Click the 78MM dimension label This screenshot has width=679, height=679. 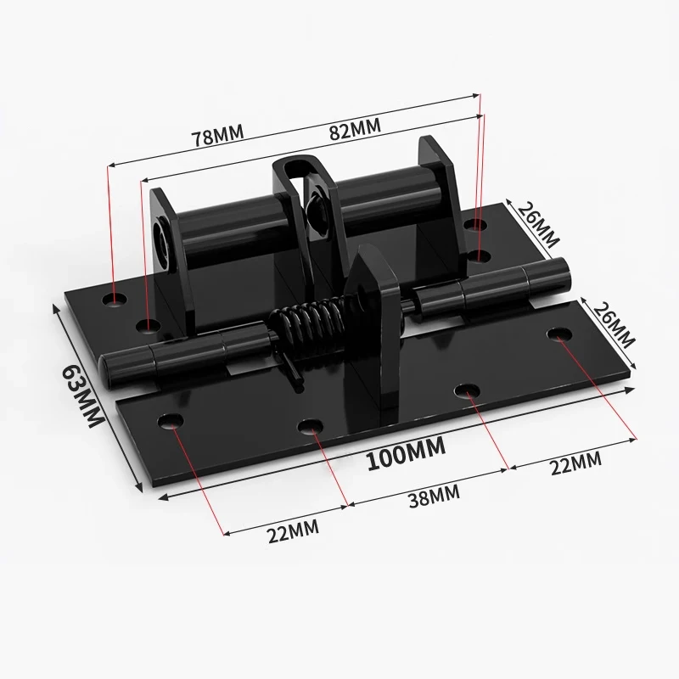coord(218,135)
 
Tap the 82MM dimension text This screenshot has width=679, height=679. coord(355,129)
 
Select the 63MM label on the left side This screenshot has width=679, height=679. coord(82,397)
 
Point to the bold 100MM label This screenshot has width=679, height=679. coord(407,453)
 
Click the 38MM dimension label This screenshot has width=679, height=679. coord(435,496)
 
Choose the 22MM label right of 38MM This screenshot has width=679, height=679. coord(576,463)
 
